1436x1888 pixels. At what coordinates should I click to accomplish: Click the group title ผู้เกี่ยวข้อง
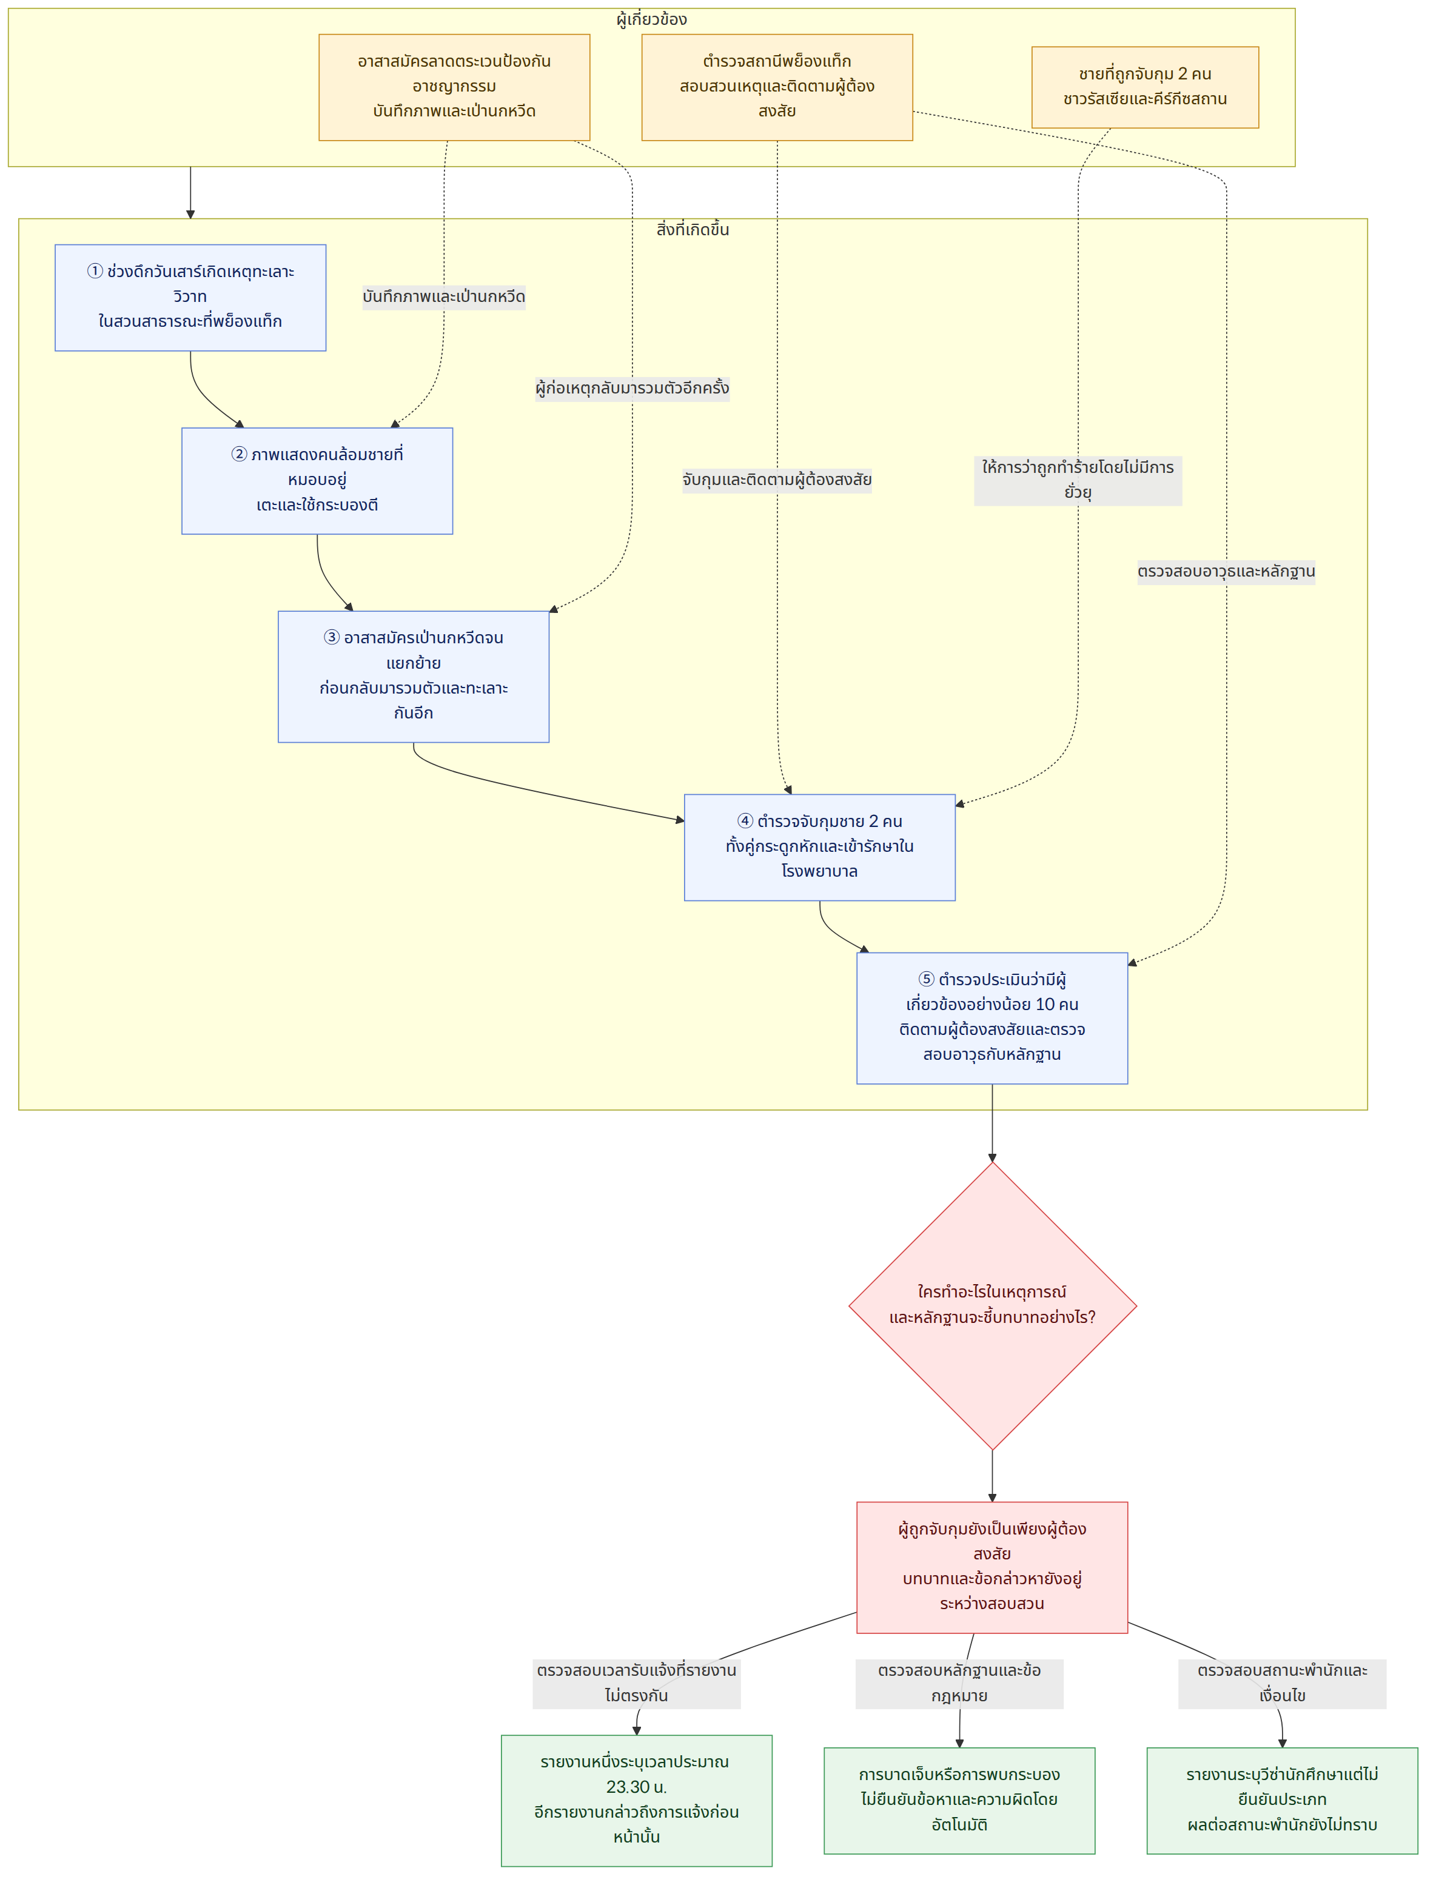[x=651, y=19]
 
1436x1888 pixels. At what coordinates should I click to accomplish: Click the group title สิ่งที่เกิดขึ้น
[x=693, y=230]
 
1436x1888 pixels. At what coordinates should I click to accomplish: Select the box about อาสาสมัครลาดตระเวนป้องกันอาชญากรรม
[x=454, y=87]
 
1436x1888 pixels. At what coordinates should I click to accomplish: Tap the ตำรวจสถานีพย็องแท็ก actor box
[x=777, y=87]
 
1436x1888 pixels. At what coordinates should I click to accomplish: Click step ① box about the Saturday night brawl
[x=190, y=298]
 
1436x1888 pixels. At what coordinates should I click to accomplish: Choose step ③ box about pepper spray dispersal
[x=414, y=676]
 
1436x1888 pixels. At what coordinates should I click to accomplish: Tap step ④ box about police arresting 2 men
[x=820, y=847]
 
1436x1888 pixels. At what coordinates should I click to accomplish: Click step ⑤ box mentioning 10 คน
[x=992, y=1018]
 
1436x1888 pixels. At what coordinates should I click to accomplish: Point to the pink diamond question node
[x=992, y=1305]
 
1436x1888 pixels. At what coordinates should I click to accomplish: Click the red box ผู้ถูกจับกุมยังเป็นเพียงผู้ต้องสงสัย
[x=992, y=1567]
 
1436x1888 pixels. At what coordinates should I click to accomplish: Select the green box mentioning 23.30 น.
[x=637, y=1800]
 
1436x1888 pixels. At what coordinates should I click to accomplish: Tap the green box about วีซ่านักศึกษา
[x=1282, y=1800]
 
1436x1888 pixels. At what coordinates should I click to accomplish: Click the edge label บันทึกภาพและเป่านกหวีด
[x=444, y=296]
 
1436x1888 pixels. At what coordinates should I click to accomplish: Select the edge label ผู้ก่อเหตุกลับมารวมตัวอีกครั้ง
[x=632, y=388]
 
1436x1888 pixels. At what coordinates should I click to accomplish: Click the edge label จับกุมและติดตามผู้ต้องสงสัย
[x=777, y=480]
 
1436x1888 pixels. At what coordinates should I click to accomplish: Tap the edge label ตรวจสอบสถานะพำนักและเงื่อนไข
[x=1282, y=1684]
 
